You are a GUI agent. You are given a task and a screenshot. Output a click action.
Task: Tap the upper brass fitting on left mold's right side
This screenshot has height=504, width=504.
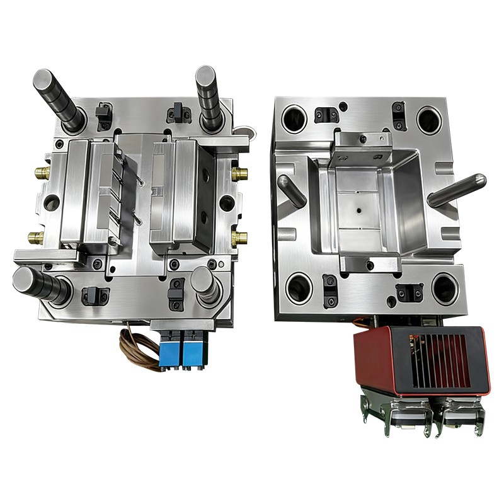pos(239,172)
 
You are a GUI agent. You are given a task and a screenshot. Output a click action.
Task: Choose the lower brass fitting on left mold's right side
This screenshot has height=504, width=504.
pos(239,238)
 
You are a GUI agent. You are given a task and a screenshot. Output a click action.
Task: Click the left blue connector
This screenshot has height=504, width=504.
pos(170,349)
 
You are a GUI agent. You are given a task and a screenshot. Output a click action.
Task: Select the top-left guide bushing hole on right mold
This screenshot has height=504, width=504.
pos(295,118)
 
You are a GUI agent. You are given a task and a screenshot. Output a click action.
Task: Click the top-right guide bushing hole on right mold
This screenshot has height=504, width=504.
pos(430,118)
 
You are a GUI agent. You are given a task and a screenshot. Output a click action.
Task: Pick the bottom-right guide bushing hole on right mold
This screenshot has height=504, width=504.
pos(446,289)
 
